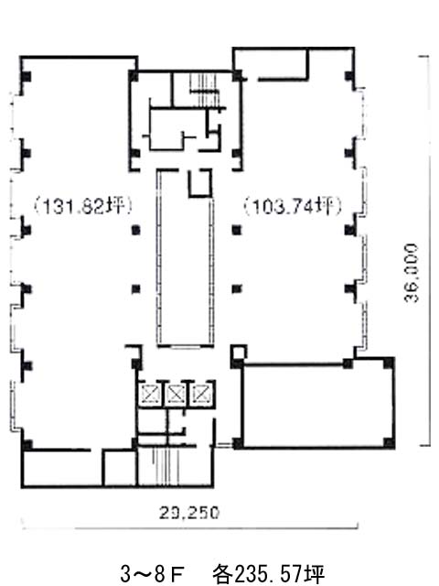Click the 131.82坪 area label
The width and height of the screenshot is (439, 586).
(x=83, y=206)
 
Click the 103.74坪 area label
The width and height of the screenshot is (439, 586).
(x=293, y=206)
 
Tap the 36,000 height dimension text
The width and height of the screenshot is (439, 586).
(x=411, y=273)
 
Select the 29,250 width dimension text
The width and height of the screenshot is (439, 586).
(x=189, y=513)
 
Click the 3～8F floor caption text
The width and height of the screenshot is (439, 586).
(x=151, y=573)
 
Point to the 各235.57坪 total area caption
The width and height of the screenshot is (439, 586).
(x=268, y=573)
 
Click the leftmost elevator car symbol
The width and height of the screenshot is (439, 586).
(x=150, y=393)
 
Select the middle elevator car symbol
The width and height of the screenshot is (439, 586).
(x=176, y=393)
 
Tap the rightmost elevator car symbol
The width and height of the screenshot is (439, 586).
(x=201, y=393)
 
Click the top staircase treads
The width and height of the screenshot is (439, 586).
(x=203, y=90)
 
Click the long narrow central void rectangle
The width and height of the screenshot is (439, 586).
(x=185, y=258)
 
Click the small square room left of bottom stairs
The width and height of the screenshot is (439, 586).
(x=120, y=469)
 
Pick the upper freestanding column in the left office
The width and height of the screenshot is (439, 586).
(x=136, y=230)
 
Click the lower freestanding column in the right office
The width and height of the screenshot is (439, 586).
(x=237, y=289)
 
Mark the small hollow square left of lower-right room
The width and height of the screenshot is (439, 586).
(x=239, y=352)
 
